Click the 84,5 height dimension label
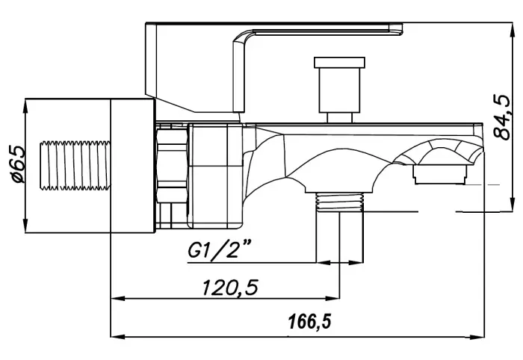point(502,117)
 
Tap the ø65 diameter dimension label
point(18,164)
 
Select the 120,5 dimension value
point(230,288)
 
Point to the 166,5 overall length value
point(310,322)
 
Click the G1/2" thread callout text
point(220,250)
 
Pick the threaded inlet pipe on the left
point(75,166)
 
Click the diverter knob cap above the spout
point(339,62)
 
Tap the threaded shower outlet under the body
point(339,202)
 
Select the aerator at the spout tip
point(439,175)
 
